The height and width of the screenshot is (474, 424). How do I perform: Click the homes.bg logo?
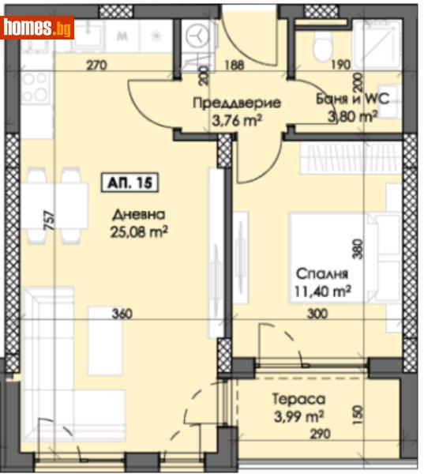point(37,28)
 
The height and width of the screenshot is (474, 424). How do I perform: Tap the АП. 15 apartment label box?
point(129,182)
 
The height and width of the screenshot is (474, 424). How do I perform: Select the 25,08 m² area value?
point(139,233)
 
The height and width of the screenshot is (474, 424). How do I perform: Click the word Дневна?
point(139,215)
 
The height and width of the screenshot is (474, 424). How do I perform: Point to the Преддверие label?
point(237,103)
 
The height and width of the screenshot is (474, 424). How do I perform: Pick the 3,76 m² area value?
point(237,121)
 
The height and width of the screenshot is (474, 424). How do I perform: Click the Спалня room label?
point(322,274)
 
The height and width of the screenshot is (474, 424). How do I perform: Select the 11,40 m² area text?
point(322,292)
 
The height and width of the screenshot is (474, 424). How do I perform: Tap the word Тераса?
point(299,399)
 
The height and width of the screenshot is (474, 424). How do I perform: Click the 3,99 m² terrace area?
point(299,417)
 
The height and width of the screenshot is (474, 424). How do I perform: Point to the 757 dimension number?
point(51,220)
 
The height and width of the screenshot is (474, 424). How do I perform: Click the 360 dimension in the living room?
point(122,314)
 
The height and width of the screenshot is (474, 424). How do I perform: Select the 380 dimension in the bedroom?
point(358,249)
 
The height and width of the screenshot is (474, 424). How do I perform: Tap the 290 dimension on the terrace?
point(321,434)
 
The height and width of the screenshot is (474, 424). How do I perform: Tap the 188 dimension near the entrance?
point(235,65)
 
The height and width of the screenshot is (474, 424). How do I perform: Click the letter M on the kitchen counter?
point(122,36)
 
